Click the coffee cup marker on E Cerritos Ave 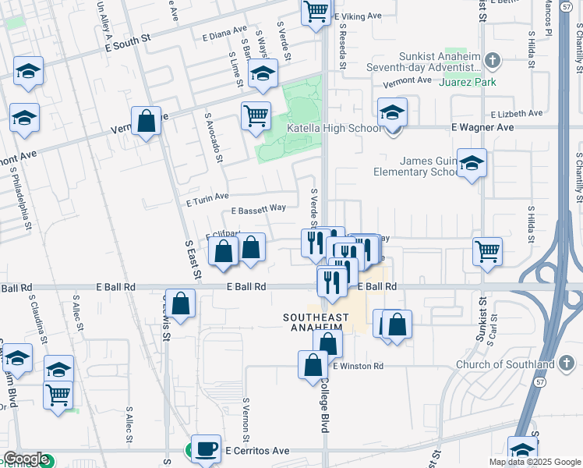point(206,448)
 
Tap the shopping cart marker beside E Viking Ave point(316,12)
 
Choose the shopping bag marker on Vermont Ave point(146,121)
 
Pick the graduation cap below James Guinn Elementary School point(472,163)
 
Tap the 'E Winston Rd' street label point(358,365)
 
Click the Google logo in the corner point(25,459)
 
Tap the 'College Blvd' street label point(323,406)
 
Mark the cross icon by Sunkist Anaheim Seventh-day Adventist point(491,60)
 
